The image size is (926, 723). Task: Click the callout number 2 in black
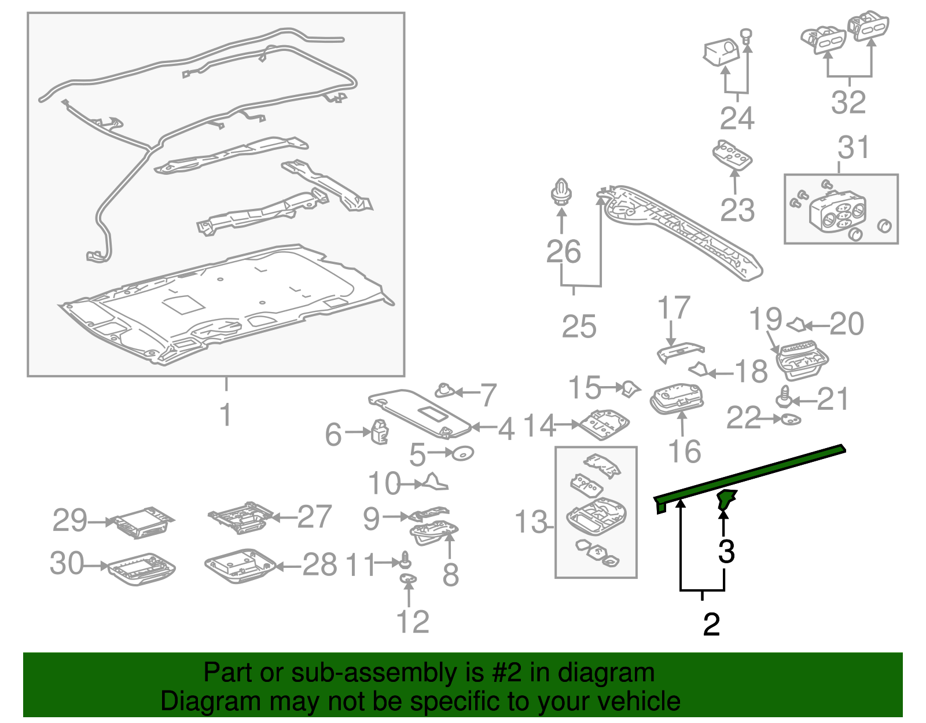711,625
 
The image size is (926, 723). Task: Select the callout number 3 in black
726,552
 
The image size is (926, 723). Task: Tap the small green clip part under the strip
725,500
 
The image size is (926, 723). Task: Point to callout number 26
563,252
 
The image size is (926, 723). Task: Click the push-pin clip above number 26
560,192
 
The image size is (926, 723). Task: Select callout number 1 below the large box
226,414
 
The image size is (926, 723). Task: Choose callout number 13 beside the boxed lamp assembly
531,522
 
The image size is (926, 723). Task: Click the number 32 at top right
848,102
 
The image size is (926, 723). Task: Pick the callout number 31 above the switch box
853,148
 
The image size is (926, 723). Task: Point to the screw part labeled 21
783,398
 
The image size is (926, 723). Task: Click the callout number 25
579,327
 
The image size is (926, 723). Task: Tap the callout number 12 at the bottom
412,622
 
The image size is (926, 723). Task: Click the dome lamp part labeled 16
677,399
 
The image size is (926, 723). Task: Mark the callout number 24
737,118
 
